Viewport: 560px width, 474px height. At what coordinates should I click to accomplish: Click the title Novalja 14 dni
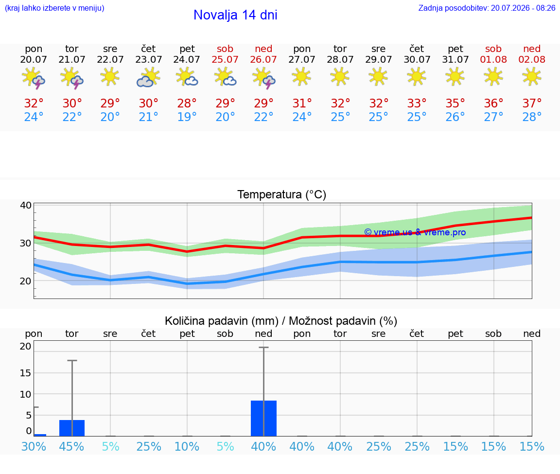[x=235, y=15]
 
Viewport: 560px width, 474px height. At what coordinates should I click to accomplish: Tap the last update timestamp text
[x=487, y=8]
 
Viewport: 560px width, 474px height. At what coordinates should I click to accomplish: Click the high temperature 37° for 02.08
[x=532, y=103]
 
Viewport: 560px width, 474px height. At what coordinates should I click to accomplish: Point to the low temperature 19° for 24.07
[x=187, y=117]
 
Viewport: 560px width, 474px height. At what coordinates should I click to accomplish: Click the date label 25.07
[x=225, y=59]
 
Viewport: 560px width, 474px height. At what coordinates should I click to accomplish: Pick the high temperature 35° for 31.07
[x=455, y=103]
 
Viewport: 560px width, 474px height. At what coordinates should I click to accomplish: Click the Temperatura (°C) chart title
[x=282, y=194]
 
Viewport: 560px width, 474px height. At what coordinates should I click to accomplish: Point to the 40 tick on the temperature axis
[x=26, y=205]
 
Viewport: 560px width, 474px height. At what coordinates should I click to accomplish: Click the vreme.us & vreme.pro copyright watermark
[x=415, y=232]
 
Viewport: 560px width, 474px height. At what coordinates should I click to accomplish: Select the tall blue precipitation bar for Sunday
[x=263, y=418]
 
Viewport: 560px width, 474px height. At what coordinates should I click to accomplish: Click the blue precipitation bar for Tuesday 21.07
[x=72, y=428]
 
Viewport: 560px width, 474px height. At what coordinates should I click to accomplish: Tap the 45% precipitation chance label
[x=72, y=446]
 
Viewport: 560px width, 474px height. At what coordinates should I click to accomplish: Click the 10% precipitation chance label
[x=187, y=446]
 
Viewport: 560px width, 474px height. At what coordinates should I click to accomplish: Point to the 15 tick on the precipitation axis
[x=26, y=373]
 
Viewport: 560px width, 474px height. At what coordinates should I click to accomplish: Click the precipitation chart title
[x=281, y=321]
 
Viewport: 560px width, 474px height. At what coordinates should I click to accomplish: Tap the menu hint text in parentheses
[x=54, y=8]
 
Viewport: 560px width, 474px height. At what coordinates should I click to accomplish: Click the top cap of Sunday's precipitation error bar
[x=263, y=347]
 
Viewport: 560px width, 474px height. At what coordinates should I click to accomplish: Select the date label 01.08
[x=493, y=59]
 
